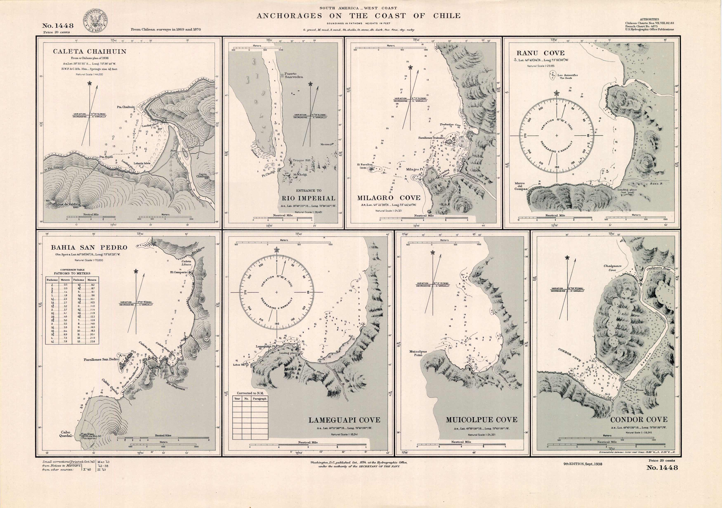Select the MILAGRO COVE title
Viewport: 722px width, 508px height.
[x=389, y=198]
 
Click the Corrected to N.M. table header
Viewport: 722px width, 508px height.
[x=250, y=393]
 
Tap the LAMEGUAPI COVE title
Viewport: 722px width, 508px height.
[x=344, y=420]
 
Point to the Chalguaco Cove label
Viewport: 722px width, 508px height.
[x=612, y=268]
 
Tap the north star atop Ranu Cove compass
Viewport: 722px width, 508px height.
[x=557, y=93]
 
